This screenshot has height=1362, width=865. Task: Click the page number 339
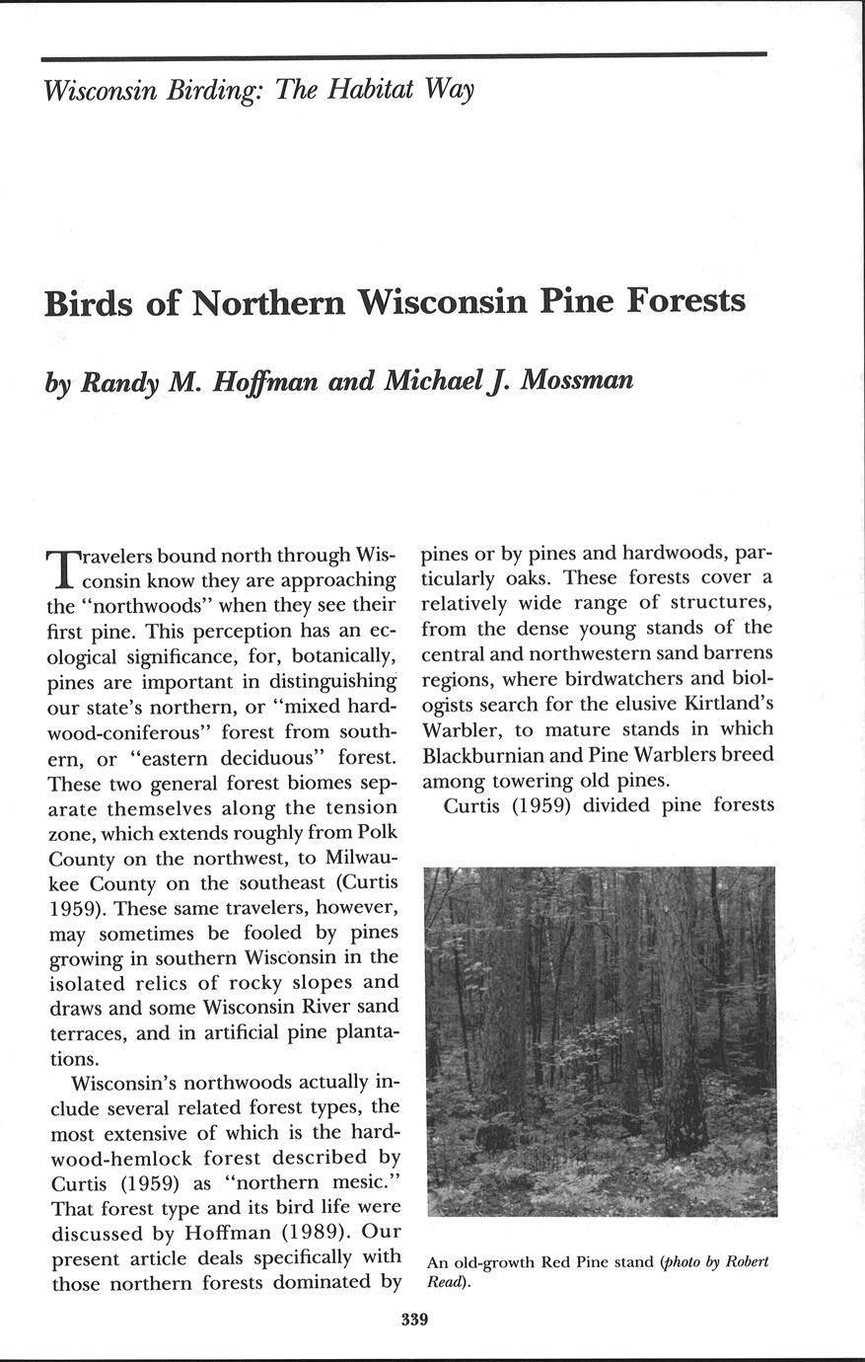[414, 1320]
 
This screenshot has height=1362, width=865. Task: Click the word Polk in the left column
[376, 831]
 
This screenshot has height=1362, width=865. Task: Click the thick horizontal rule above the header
[404, 53]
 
